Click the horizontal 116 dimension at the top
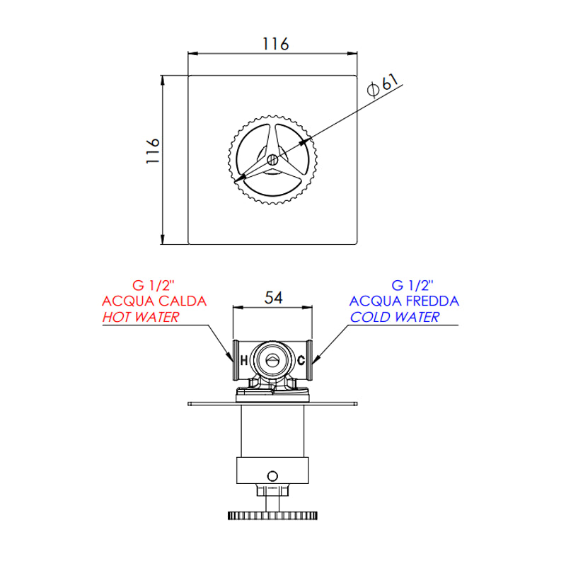point(275,43)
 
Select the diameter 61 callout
point(386,84)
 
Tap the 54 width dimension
point(273,298)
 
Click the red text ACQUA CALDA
point(155,301)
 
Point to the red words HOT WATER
point(140,317)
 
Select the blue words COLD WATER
point(394,317)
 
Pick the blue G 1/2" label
point(412,286)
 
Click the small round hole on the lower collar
point(273,474)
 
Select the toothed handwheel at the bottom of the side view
point(273,515)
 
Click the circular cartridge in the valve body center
point(272,360)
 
